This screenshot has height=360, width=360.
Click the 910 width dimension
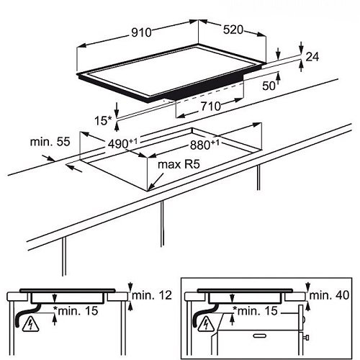click(x=142, y=32)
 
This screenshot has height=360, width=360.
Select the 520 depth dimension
click(x=233, y=30)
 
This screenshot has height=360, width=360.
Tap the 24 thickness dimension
click(x=312, y=57)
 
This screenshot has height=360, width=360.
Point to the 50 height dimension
click(x=269, y=86)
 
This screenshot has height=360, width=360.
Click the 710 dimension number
click(x=211, y=106)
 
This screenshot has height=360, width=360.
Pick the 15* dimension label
click(x=103, y=120)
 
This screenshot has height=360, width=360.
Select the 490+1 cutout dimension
click(x=122, y=143)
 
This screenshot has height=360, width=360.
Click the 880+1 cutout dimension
click(x=204, y=145)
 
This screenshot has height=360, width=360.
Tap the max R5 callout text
click(x=179, y=164)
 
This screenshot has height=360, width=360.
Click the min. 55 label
click(x=50, y=142)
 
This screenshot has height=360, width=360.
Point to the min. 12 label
click(x=152, y=295)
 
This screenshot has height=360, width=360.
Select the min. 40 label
click(x=329, y=295)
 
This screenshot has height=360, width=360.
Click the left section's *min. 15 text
click(x=76, y=311)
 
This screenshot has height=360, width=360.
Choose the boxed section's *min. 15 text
click(x=255, y=311)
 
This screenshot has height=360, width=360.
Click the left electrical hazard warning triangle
click(x=30, y=325)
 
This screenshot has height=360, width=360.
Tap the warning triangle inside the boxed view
click(x=207, y=325)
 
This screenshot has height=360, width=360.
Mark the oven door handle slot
click(x=261, y=336)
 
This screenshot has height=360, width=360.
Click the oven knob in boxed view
click(x=306, y=338)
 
